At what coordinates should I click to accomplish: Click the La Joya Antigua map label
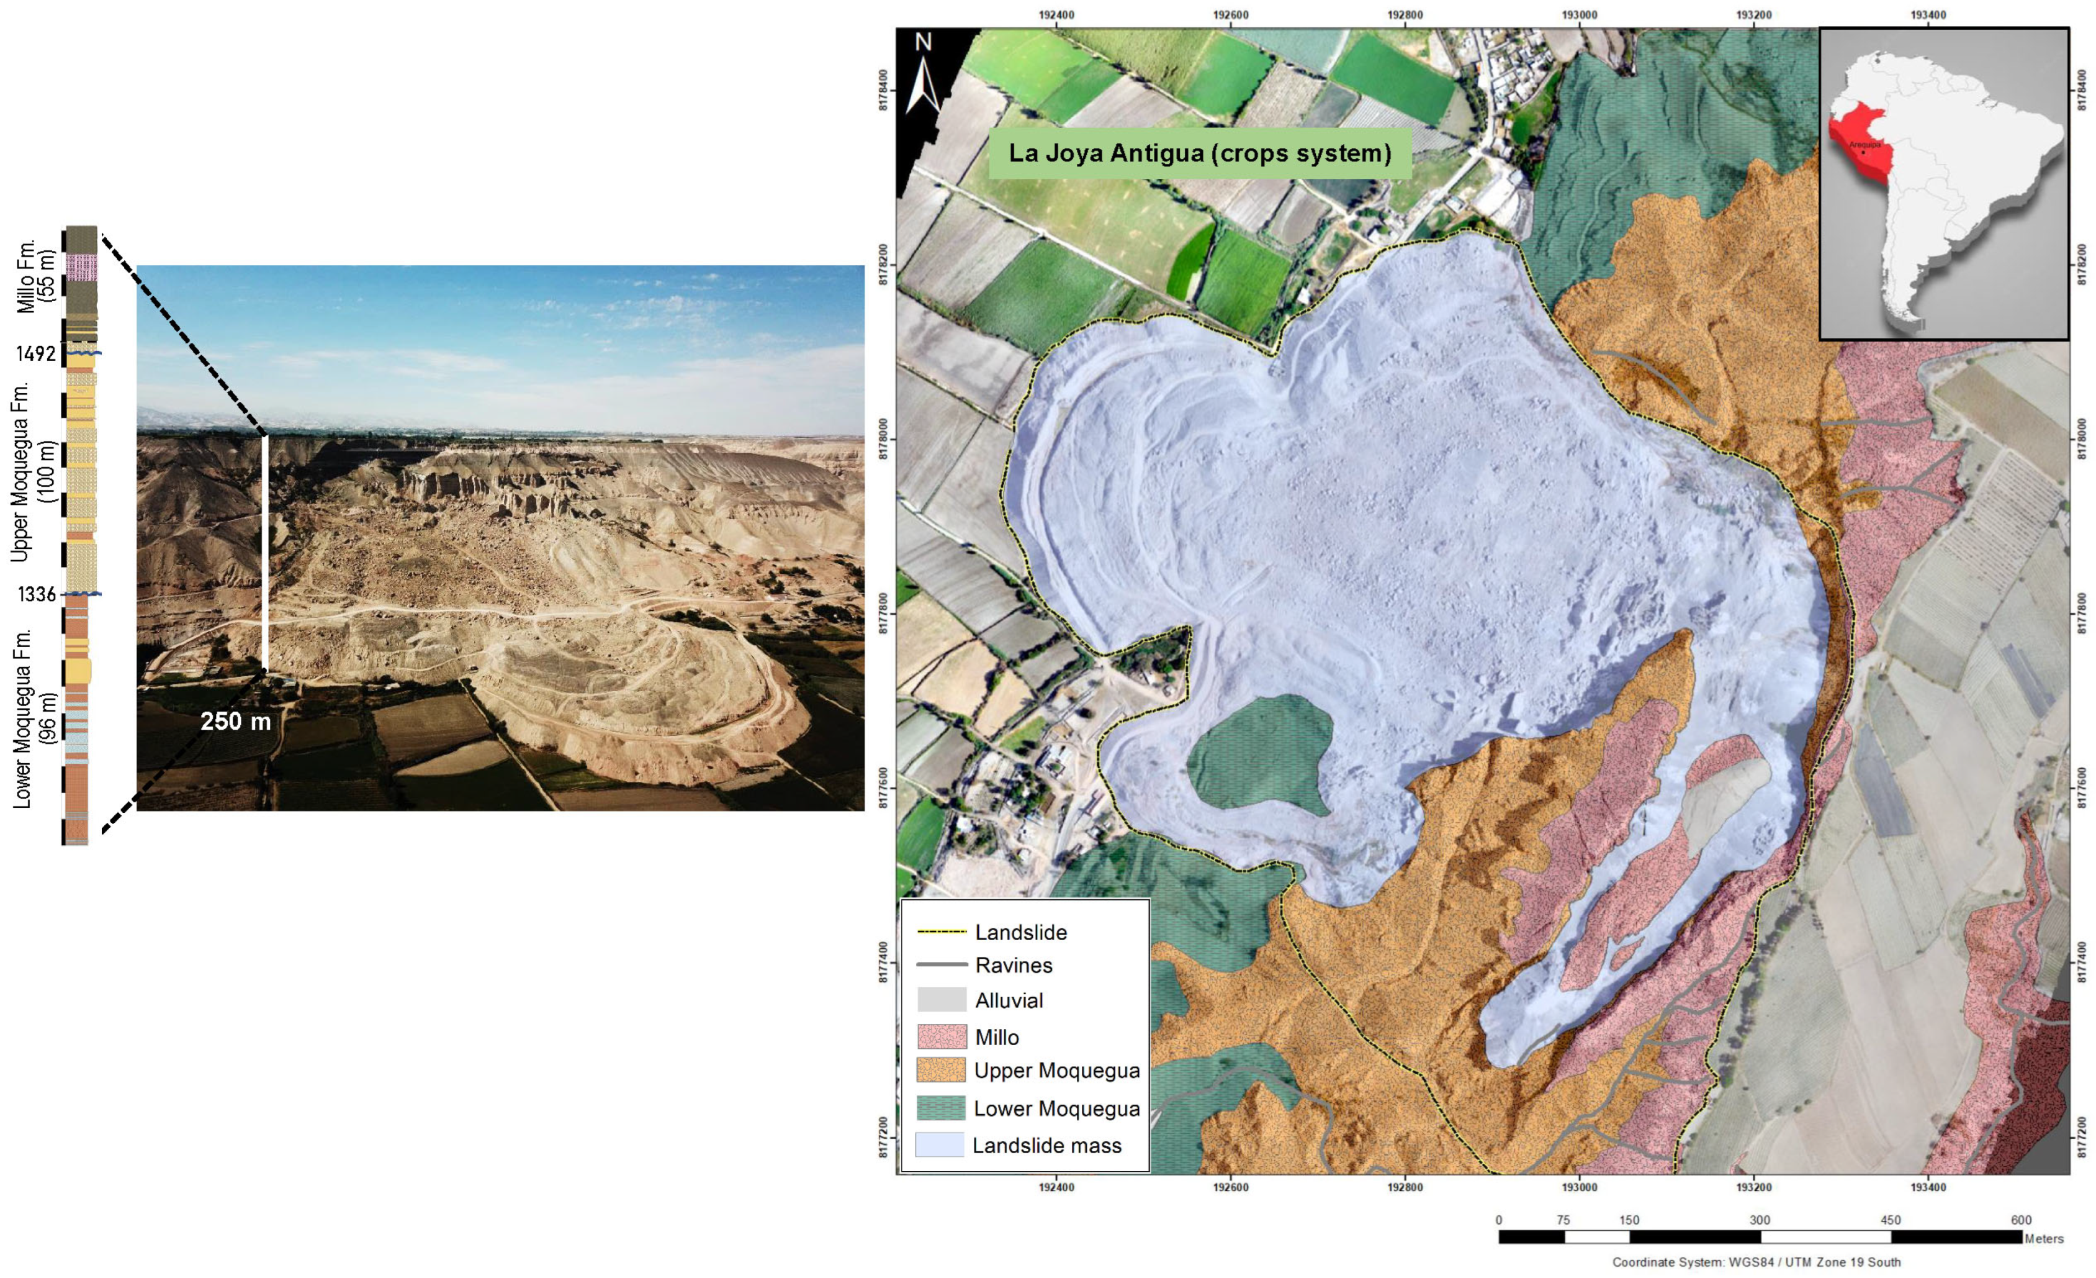[1199, 154]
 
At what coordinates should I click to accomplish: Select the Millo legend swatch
[942, 1036]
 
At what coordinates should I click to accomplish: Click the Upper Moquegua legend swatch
[942, 1071]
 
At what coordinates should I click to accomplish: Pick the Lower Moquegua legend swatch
[942, 1108]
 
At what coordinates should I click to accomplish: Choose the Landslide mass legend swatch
[940, 1144]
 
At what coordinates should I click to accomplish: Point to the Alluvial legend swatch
[942, 999]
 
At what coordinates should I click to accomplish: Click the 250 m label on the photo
[236, 722]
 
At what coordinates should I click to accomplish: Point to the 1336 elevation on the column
[37, 594]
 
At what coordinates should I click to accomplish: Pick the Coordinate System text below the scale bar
[1756, 1262]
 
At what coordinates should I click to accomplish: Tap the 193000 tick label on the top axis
[1579, 14]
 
